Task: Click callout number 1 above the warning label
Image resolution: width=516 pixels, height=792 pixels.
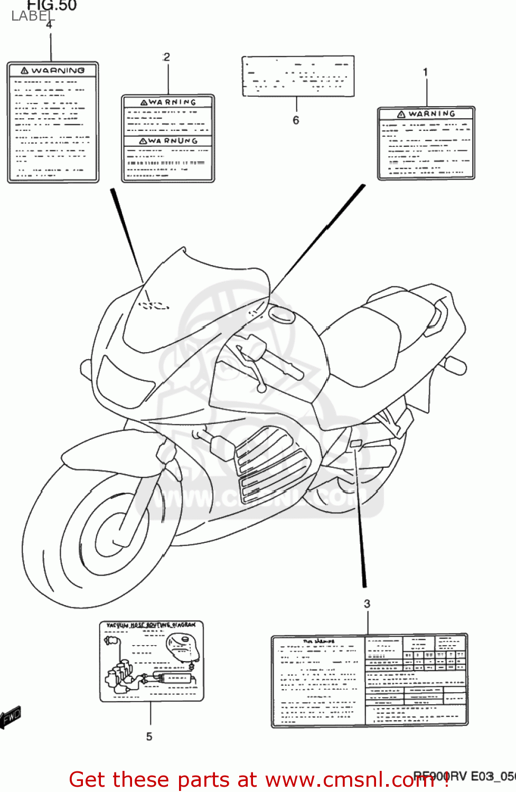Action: [x=425, y=72]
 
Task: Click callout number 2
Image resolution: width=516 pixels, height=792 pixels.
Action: [x=167, y=57]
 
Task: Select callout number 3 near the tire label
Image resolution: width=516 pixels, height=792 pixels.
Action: [x=367, y=604]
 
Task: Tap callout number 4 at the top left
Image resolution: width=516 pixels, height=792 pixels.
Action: [x=49, y=25]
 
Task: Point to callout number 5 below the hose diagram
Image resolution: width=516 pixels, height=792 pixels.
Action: [x=149, y=736]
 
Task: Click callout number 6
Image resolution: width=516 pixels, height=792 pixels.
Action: [x=296, y=120]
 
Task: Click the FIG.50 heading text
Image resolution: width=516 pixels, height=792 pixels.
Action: [x=52, y=6]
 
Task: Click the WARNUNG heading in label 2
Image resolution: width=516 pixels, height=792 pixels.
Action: [x=168, y=141]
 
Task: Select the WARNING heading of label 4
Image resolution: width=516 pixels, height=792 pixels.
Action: [x=53, y=70]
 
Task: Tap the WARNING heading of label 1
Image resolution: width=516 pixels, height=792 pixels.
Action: [x=426, y=114]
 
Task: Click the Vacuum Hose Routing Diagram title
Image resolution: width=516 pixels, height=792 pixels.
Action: [x=151, y=625]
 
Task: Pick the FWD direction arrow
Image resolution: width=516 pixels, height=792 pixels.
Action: [x=11, y=718]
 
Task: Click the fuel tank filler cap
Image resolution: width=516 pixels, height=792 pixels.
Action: [x=282, y=314]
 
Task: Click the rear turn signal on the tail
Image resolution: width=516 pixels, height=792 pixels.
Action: [x=455, y=364]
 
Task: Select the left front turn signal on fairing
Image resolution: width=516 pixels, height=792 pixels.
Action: [x=86, y=366]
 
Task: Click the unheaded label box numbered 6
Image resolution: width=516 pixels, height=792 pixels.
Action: [x=298, y=77]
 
